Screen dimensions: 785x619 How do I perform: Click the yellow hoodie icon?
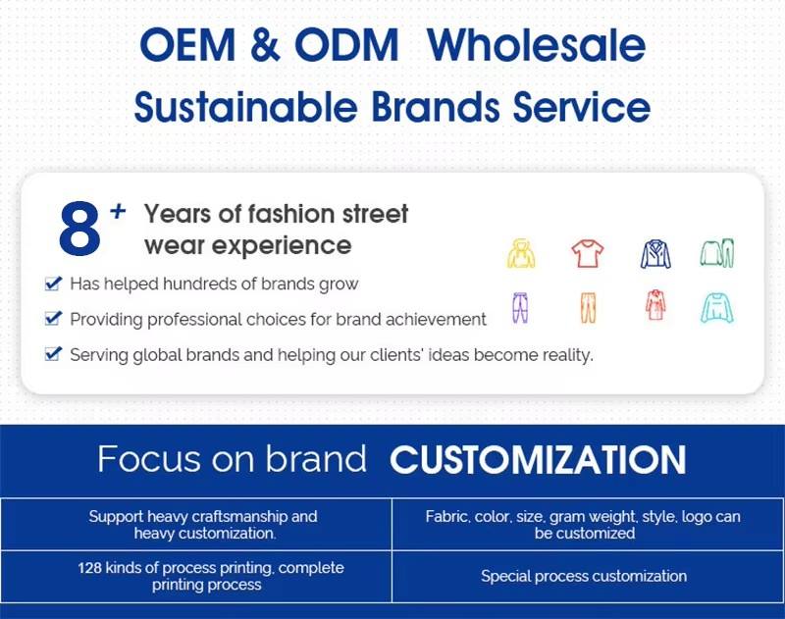tap(521, 253)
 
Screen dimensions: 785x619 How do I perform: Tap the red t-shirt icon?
tap(588, 253)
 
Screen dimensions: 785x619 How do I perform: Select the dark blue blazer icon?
tap(655, 254)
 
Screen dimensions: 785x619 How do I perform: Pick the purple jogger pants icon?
tap(520, 307)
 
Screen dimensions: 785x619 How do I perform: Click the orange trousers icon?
tap(588, 308)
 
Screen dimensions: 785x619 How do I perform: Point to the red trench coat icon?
tap(655, 304)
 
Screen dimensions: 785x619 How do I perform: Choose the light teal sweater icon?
tap(717, 308)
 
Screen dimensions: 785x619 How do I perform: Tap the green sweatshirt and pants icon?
tap(717, 253)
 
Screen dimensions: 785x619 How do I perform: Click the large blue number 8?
tap(79, 229)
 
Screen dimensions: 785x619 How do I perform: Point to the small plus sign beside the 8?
tap(118, 211)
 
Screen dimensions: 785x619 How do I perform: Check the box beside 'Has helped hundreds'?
tap(53, 284)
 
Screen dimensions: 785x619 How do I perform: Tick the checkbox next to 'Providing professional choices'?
tap(53, 318)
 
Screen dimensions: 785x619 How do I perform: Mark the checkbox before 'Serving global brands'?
tap(53, 354)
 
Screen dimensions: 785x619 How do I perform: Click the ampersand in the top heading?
tap(265, 44)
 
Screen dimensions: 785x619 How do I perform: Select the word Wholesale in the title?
tap(536, 44)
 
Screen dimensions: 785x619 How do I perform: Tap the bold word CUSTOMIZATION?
tap(538, 460)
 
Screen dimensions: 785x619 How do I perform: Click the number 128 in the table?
tap(89, 568)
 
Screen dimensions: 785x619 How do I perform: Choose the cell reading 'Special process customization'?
tap(584, 576)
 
